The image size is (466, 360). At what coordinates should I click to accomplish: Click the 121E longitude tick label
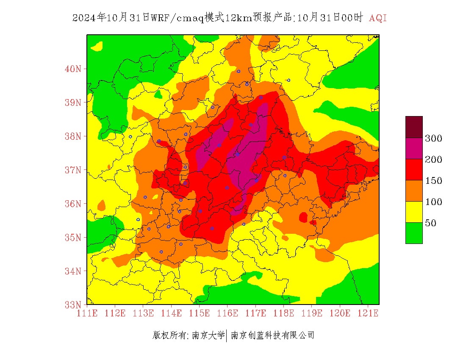tap(368, 313)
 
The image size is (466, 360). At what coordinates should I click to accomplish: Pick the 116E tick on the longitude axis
tap(227, 313)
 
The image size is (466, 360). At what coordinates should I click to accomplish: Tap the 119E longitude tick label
tap(312, 313)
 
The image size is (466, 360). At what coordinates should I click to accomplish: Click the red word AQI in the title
tap(378, 18)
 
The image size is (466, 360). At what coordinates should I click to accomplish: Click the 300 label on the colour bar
tap(433, 138)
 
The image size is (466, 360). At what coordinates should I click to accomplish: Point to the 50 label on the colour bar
tap(430, 223)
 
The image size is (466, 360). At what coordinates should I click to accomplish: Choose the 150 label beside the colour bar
tap(433, 181)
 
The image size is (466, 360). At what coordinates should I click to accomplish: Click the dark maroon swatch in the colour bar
tap(414, 127)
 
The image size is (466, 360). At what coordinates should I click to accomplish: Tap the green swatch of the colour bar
tap(414, 233)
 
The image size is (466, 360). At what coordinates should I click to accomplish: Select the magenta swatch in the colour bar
tap(414, 148)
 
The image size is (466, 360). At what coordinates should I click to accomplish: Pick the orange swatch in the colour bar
tap(414, 191)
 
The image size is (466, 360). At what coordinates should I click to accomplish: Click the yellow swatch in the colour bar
tap(414, 212)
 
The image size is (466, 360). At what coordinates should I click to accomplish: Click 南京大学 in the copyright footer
tap(208, 336)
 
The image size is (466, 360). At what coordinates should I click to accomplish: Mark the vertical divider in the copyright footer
tap(227, 336)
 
